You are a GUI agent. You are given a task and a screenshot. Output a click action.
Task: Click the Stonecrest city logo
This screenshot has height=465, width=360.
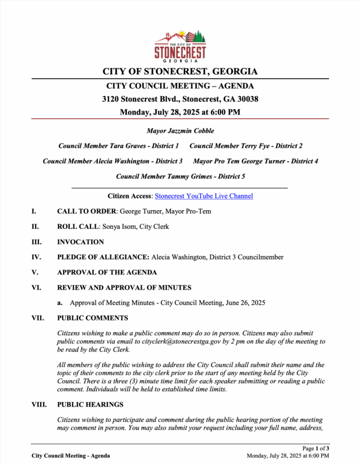point(180,46)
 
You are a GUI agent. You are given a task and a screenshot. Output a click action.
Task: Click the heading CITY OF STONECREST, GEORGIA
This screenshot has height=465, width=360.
point(180,71)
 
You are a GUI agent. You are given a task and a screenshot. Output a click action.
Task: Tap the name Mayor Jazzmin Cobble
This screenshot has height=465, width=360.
point(180,131)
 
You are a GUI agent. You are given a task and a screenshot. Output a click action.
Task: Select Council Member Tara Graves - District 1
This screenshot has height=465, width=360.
point(119,146)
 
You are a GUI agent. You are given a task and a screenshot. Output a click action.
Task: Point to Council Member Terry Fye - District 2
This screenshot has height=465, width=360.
point(246,146)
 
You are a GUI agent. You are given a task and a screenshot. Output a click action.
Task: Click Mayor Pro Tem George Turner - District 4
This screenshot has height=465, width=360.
point(255,161)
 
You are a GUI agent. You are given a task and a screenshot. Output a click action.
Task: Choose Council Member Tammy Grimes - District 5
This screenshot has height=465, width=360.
point(180,177)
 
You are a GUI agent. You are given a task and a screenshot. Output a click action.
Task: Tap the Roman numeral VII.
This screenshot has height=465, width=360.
point(38,318)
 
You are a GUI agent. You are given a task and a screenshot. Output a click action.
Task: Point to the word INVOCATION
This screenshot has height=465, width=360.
point(80,242)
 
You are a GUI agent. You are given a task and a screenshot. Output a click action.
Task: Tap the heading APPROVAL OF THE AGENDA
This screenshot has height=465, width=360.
point(107,272)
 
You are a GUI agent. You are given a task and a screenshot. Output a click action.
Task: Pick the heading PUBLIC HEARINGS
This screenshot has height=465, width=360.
point(90,404)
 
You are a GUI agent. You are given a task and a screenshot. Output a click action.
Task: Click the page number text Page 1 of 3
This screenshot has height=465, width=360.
point(316,448)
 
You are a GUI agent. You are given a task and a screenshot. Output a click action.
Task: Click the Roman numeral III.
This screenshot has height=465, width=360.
point(35,242)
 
